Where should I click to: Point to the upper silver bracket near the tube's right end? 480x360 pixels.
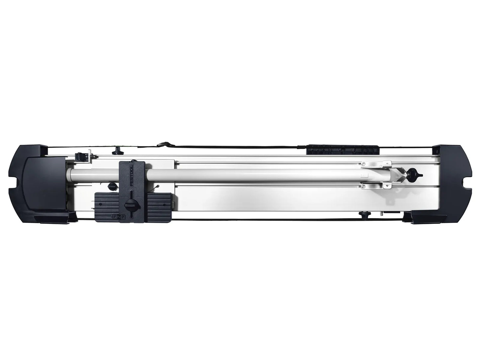[x=376, y=163]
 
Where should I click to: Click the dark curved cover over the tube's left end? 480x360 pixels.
[x=47, y=185]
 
